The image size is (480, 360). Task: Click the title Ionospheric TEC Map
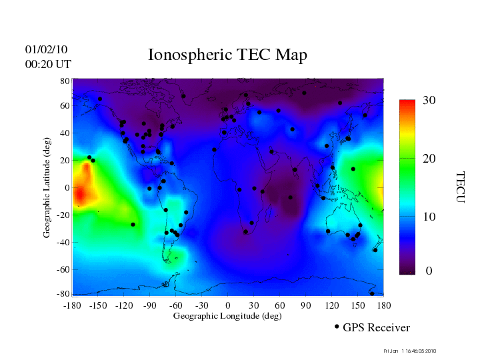click(x=227, y=55)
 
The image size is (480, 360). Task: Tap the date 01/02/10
click(x=46, y=49)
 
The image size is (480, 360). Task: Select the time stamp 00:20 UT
click(x=48, y=64)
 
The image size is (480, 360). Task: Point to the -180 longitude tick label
click(x=72, y=305)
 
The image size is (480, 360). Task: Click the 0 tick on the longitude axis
click(x=228, y=305)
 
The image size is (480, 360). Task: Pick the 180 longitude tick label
click(x=384, y=305)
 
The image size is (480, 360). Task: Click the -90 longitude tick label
click(x=150, y=305)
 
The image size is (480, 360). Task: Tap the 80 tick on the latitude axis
click(x=65, y=81)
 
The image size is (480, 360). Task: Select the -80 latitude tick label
click(x=64, y=294)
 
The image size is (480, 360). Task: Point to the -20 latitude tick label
click(x=64, y=215)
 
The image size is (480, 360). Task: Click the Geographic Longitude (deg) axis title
click(x=227, y=316)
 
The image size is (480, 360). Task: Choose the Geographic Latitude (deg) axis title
click(x=47, y=192)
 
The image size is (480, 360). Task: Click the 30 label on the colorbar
click(x=429, y=101)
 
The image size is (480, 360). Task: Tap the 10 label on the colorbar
click(x=429, y=217)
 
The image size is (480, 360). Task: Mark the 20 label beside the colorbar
click(x=429, y=160)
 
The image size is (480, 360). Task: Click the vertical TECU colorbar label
click(x=459, y=187)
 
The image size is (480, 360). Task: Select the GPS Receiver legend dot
click(x=337, y=327)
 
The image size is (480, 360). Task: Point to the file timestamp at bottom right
click(x=409, y=350)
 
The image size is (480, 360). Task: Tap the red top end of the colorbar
click(x=407, y=105)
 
